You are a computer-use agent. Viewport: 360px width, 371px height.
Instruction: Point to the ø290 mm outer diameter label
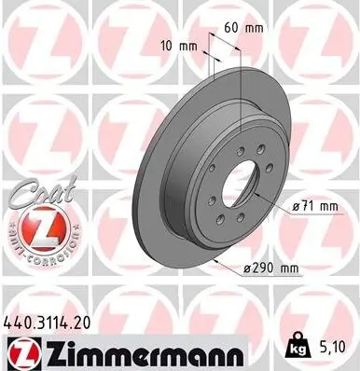tap(268, 269)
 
